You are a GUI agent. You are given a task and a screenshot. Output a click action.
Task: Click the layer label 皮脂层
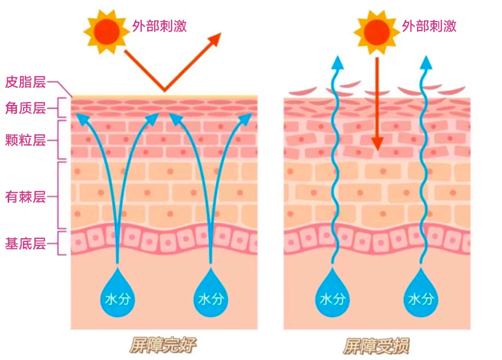point(25,82)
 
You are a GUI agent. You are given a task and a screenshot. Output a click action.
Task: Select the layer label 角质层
point(25,108)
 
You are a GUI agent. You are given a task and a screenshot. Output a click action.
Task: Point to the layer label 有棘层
point(25,196)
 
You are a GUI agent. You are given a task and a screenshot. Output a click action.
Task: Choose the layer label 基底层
point(25,244)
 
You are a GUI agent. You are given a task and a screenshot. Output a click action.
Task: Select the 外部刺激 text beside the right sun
point(428,25)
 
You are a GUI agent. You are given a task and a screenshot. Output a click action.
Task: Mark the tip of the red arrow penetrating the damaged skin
point(376,149)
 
